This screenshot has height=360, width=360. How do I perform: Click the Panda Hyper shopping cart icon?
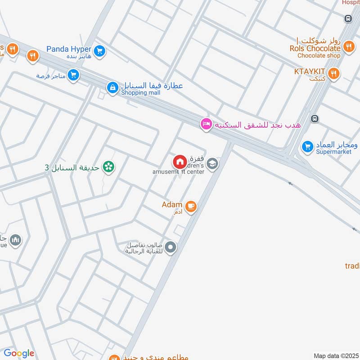[100, 51]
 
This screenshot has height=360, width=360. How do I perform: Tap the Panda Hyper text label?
[70, 49]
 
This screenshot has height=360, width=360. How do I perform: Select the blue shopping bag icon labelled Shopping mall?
[112, 86]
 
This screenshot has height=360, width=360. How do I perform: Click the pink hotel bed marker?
[206, 124]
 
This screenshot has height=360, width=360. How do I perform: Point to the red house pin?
[180, 162]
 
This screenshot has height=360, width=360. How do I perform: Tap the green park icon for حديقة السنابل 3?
[108, 167]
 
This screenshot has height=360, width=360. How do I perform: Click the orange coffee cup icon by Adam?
[191, 207]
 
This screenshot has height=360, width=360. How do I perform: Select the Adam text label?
[172, 205]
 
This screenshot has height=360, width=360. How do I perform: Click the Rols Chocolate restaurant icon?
[348, 46]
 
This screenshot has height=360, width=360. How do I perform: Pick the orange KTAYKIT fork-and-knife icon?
[333, 73]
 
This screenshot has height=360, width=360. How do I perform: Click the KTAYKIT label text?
[310, 72]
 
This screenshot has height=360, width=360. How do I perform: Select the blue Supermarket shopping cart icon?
[308, 146]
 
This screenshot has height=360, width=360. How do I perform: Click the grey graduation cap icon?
[213, 163]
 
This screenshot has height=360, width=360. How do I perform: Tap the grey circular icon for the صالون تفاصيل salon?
[171, 247]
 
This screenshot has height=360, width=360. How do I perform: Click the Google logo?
[18, 353]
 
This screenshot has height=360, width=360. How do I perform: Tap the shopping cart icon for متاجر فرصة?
[73, 75]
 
